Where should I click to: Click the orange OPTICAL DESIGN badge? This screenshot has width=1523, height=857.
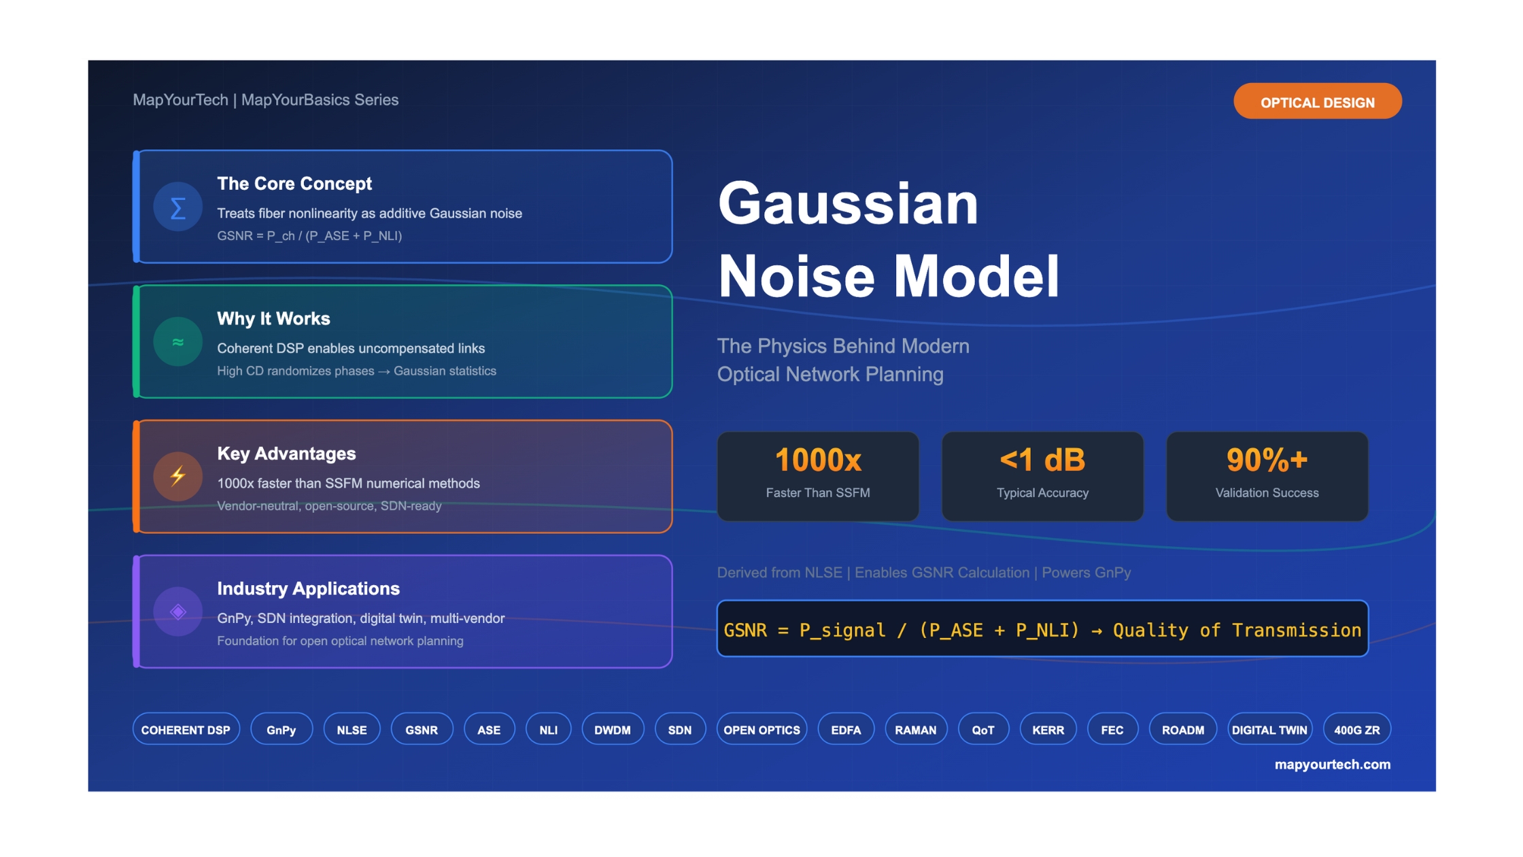click(1317, 101)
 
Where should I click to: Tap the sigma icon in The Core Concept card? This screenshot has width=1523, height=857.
click(177, 207)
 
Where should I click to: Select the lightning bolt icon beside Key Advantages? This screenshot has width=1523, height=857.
click(177, 476)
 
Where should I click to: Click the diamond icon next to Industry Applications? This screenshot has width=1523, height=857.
click(177, 611)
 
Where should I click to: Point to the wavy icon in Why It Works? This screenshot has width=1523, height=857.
click(177, 341)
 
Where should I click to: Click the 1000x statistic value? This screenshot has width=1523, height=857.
click(818, 460)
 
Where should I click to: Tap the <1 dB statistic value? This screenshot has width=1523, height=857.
click(1042, 460)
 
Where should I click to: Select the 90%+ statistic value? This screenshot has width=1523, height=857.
click(1267, 460)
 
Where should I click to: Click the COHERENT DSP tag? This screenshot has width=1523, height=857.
click(186, 729)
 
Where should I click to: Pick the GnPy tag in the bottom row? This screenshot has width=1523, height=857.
click(281, 729)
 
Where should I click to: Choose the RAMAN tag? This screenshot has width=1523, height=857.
click(915, 729)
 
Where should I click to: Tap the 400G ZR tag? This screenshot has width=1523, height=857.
click(1356, 729)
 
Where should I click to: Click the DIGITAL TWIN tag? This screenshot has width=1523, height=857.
click(1269, 729)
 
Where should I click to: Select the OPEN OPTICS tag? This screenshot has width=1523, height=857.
click(761, 729)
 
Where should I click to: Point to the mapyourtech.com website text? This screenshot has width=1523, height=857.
click(1332, 764)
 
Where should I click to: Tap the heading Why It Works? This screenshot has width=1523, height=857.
click(273, 318)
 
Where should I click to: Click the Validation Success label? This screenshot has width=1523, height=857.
click(1267, 492)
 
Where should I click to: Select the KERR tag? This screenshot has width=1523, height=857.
click(1048, 729)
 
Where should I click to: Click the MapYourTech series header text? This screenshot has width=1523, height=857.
click(265, 100)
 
